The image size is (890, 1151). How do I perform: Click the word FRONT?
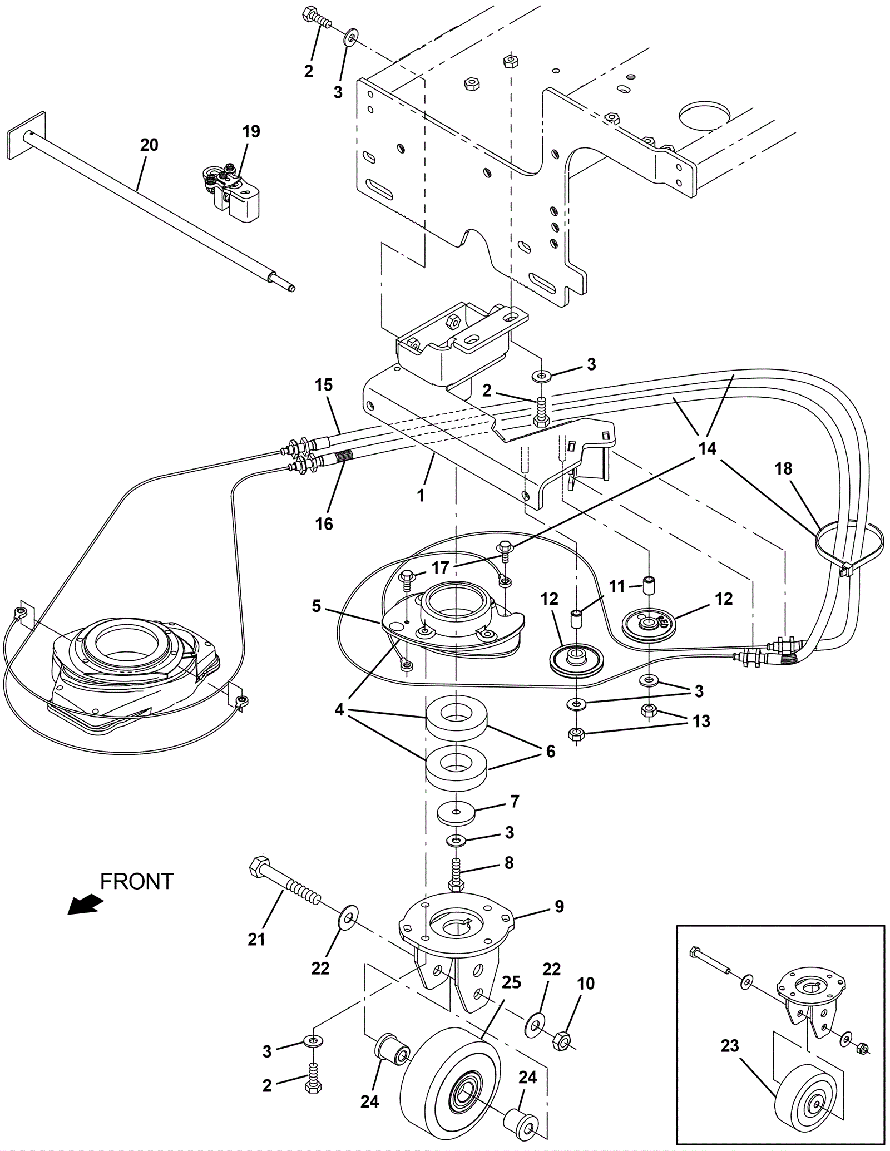point(137,882)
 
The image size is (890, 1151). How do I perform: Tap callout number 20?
point(149,145)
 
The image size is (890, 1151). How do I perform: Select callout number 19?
point(251,132)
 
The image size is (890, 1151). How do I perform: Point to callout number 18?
point(783,469)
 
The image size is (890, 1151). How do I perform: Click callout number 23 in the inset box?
point(730,1046)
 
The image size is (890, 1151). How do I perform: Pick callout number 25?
point(511,982)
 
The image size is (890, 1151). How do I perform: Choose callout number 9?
point(559,906)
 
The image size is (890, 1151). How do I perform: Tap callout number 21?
point(256,940)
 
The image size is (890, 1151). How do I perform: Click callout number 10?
point(586,984)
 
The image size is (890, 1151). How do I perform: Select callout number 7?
point(515,802)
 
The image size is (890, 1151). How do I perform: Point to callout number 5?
point(317,606)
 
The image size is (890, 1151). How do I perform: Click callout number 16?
point(324,523)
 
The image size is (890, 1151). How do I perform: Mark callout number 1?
point(421,495)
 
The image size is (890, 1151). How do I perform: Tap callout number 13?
point(701,721)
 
